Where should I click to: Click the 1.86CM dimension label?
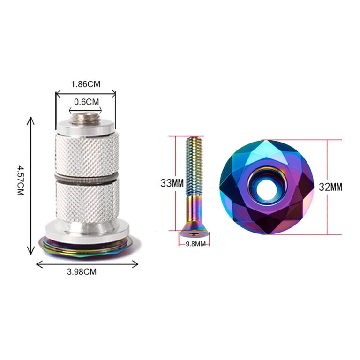point(86,84)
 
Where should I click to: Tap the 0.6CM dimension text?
point(87,102)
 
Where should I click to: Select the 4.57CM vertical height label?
point(21,180)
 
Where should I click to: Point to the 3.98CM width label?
point(82,272)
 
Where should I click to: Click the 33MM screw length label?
point(172,183)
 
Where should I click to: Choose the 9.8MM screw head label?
point(195,244)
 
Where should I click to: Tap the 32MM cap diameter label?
point(330,187)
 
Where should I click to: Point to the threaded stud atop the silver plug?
point(85,118)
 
